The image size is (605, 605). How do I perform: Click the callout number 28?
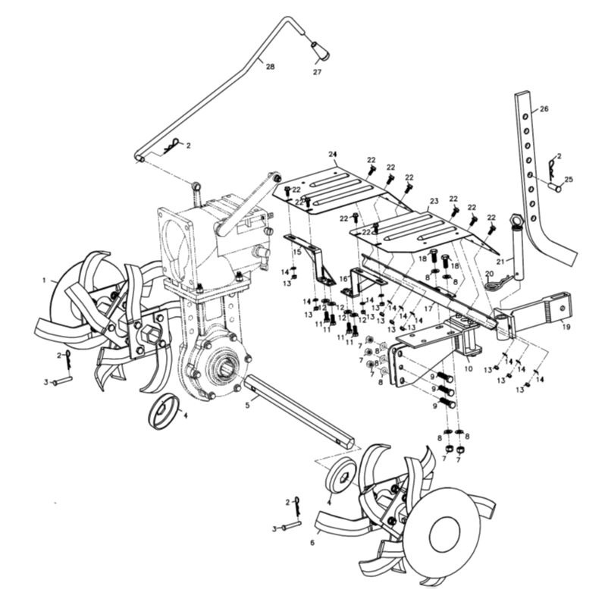(271, 67)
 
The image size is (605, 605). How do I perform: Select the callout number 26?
(544, 109)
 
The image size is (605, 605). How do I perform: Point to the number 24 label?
(332, 154)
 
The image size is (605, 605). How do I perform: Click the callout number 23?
(434, 202)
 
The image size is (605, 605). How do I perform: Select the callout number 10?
(469, 368)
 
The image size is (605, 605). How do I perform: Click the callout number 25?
(569, 180)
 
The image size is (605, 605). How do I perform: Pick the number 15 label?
(297, 252)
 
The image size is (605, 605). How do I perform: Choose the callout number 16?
(343, 279)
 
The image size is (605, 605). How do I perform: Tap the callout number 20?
(489, 273)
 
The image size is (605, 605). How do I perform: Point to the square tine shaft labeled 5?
(300, 409)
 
